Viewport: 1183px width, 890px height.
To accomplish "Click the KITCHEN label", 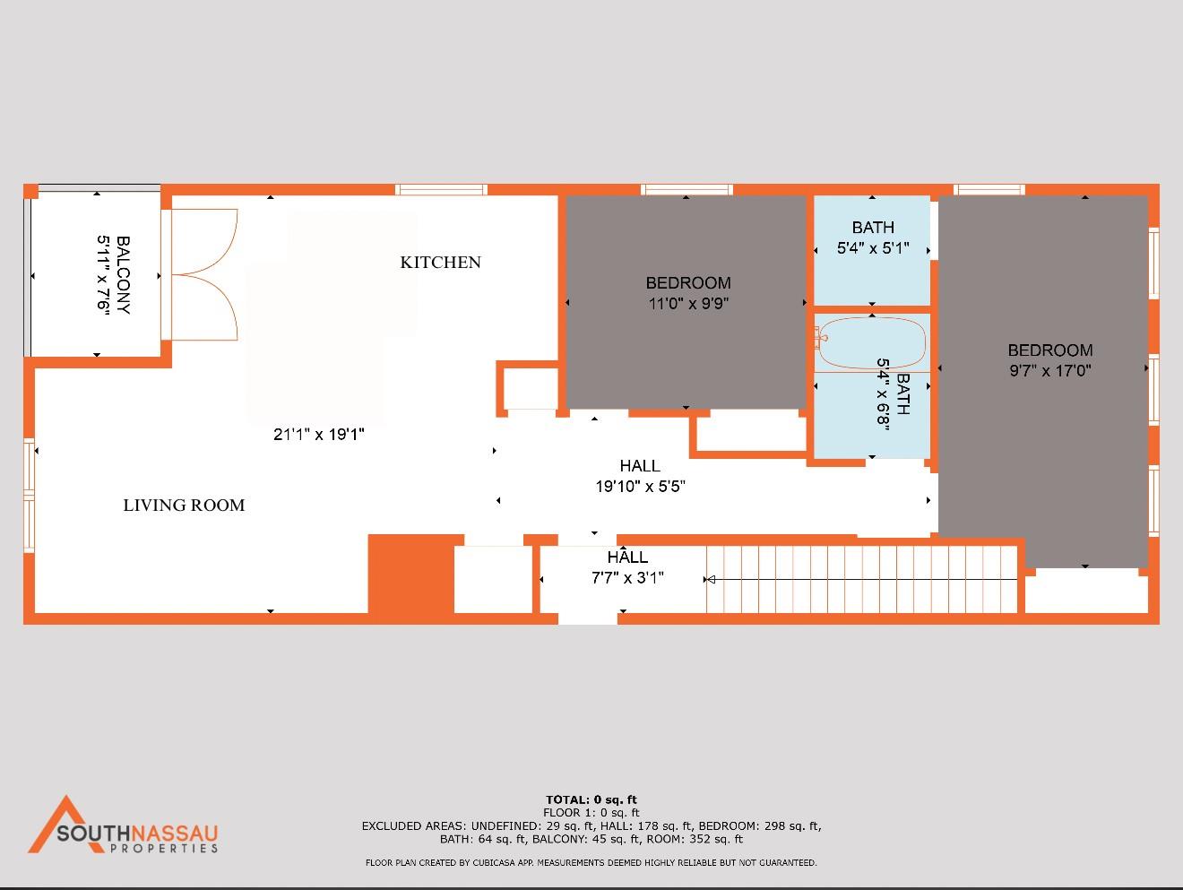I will point(440,263).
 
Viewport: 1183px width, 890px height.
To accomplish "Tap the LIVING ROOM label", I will point(184,505).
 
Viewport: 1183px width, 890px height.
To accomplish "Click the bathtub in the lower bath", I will point(871,342).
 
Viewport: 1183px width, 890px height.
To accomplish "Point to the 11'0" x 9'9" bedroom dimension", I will point(688,304).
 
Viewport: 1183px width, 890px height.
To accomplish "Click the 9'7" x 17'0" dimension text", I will point(1050,371).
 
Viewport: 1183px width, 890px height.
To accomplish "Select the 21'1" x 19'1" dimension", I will point(318,435).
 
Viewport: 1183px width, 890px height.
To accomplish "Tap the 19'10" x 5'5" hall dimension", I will point(640,487).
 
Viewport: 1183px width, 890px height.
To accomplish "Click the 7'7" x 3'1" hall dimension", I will point(627,578).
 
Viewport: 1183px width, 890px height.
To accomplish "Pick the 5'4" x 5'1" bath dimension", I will point(873,248).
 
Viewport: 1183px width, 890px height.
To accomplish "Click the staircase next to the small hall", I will point(860,579).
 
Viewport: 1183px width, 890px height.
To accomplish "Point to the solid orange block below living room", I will point(411,574).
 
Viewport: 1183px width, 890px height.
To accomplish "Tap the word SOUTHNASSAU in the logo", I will point(137,833).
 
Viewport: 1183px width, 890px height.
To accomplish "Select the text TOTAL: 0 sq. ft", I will point(591,799).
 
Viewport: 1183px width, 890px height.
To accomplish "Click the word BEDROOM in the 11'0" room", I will point(688,283).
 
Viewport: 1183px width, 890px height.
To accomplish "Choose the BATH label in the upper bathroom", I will point(873,228).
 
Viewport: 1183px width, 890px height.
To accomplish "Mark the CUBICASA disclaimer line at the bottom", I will point(591,863).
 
